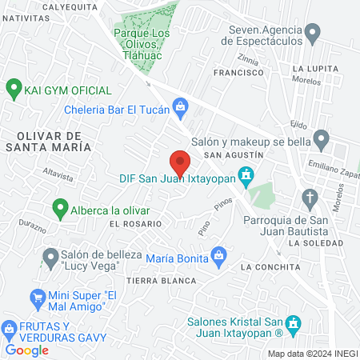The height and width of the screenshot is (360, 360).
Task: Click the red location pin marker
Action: (x=180, y=162)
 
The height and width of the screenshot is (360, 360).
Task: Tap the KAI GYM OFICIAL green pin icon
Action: (x=13, y=86)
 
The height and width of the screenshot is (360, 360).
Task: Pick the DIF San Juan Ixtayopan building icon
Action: (x=247, y=173)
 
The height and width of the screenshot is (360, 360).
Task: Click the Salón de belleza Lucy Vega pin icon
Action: (x=47, y=258)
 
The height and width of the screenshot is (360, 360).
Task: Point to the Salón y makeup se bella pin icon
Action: (x=321, y=140)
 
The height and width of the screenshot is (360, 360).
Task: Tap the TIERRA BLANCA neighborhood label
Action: (x=161, y=281)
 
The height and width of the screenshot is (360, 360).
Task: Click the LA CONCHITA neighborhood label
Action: (x=269, y=266)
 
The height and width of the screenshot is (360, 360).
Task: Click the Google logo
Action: (x=26, y=350)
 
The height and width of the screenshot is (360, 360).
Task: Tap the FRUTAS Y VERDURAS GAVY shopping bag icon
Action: (x=10, y=329)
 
